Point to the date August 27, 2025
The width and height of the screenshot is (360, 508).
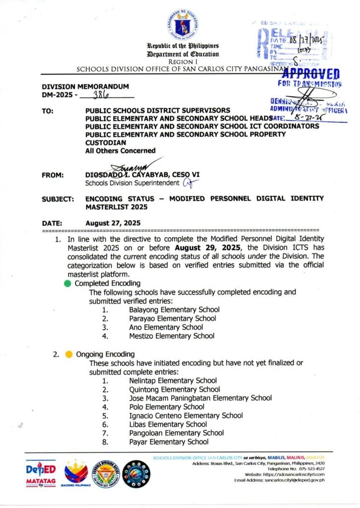pyautogui.click(x=113, y=223)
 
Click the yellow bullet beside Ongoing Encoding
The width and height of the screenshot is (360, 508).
pyautogui.click(x=69, y=354)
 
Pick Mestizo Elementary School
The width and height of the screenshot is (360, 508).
pyautogui.click(x=172, y=336)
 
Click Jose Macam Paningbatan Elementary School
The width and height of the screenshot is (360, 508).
pyautogui.click(x=200, y=398)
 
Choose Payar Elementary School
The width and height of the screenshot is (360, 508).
pyautogui.click(x=169, y=442)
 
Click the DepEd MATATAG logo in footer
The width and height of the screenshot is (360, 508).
pyautogui.click(x=41, y=475)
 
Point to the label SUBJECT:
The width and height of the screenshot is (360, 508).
pyautogui.click(x=58, y=198)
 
